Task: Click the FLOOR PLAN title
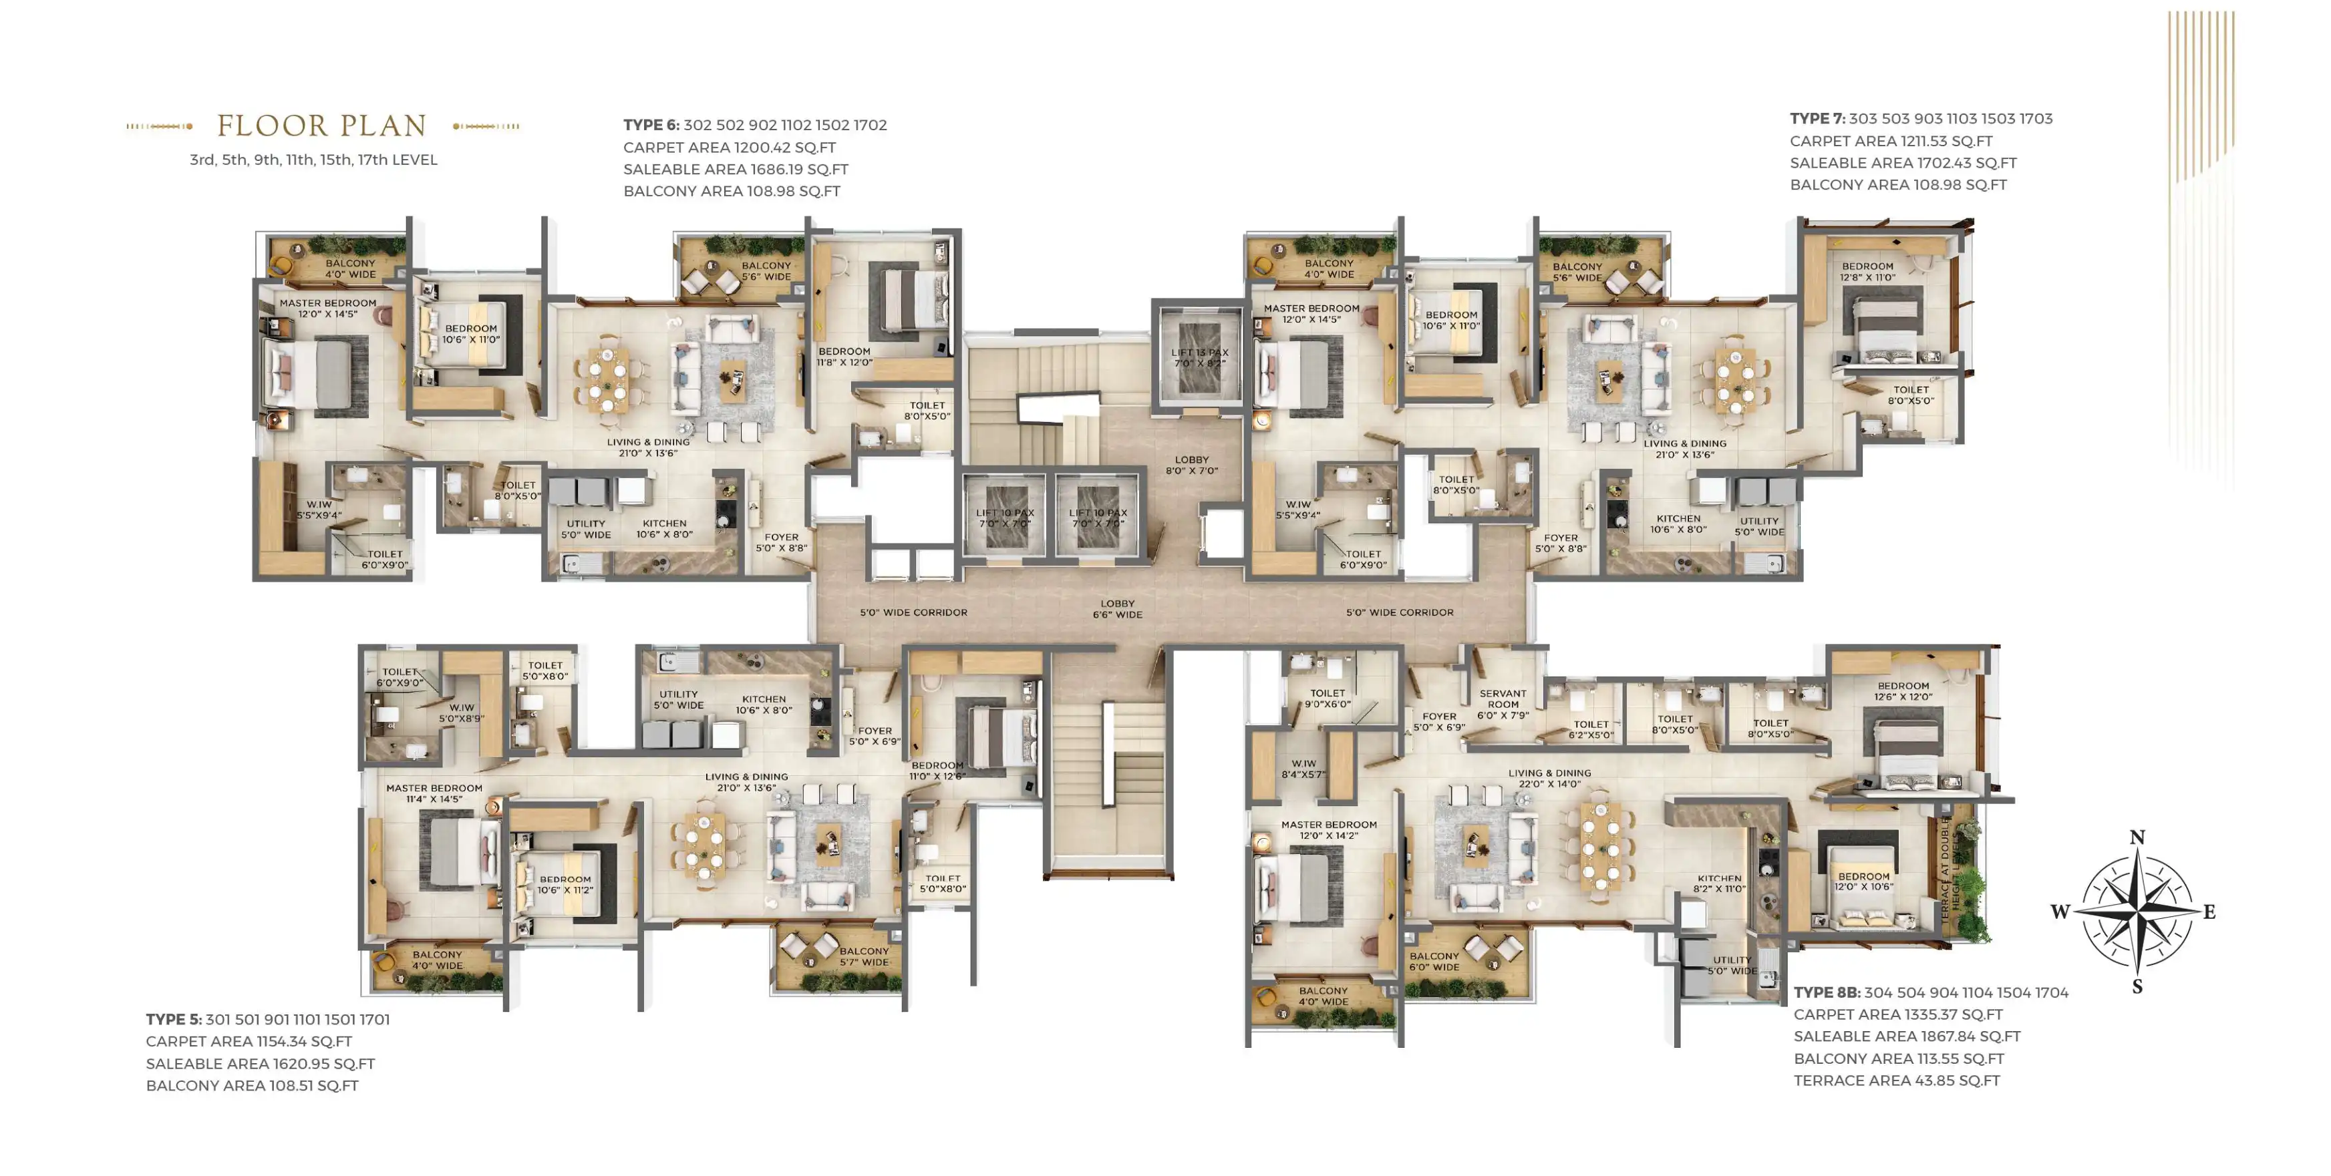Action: [321, 126]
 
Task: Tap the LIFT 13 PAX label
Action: [1200, 358]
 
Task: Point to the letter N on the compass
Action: [2137, 837]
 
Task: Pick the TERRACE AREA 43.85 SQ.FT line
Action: [1897, 1080]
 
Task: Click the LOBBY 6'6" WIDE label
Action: [1118, 609]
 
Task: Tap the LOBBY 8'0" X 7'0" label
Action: [1192, 465]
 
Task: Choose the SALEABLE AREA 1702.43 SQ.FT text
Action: [1903, 163]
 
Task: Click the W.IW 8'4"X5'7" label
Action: [1303, 769]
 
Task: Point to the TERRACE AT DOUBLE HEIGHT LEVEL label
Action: [1951, 870]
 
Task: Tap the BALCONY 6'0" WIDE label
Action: [1434, 962]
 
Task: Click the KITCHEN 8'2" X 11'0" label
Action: [1719, 884]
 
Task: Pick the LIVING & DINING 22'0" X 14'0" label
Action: [1549, 779]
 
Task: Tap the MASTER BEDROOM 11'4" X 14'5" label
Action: [434, 793]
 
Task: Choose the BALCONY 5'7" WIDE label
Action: [864, 956]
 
